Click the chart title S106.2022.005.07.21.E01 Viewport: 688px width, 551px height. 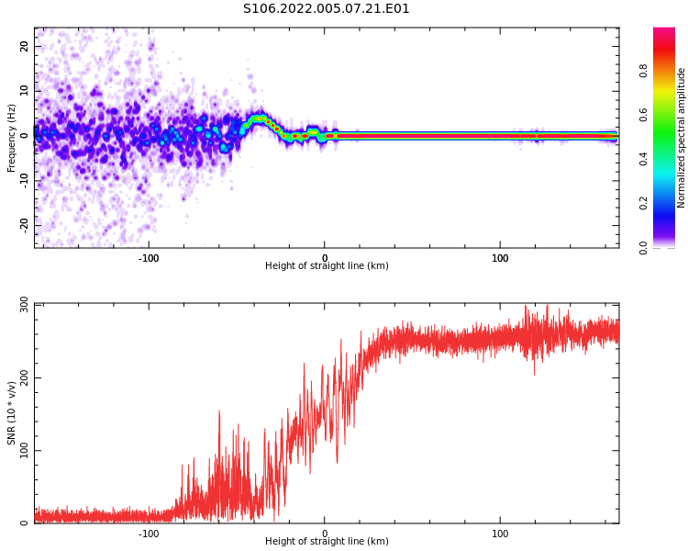[326, 9]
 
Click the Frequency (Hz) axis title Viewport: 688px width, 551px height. [12, 137]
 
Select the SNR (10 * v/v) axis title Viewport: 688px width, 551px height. [12, 413]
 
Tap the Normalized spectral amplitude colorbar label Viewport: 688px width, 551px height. [682, 137]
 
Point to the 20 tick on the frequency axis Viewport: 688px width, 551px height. [25, 47]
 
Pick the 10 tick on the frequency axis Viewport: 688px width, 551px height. [25, 91]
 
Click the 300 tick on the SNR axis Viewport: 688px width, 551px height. [19, 304]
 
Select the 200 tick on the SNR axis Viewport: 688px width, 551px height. [19, 377]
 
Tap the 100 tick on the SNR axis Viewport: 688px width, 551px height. [19, 450]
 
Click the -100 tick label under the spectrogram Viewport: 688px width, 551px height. [149, 258]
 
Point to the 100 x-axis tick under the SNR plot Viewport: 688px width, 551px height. [500, 533]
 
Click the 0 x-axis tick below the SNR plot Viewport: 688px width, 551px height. [325, 533]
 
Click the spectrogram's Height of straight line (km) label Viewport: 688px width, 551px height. [327, 266]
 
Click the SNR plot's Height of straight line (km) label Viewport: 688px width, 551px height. [327, 542]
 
